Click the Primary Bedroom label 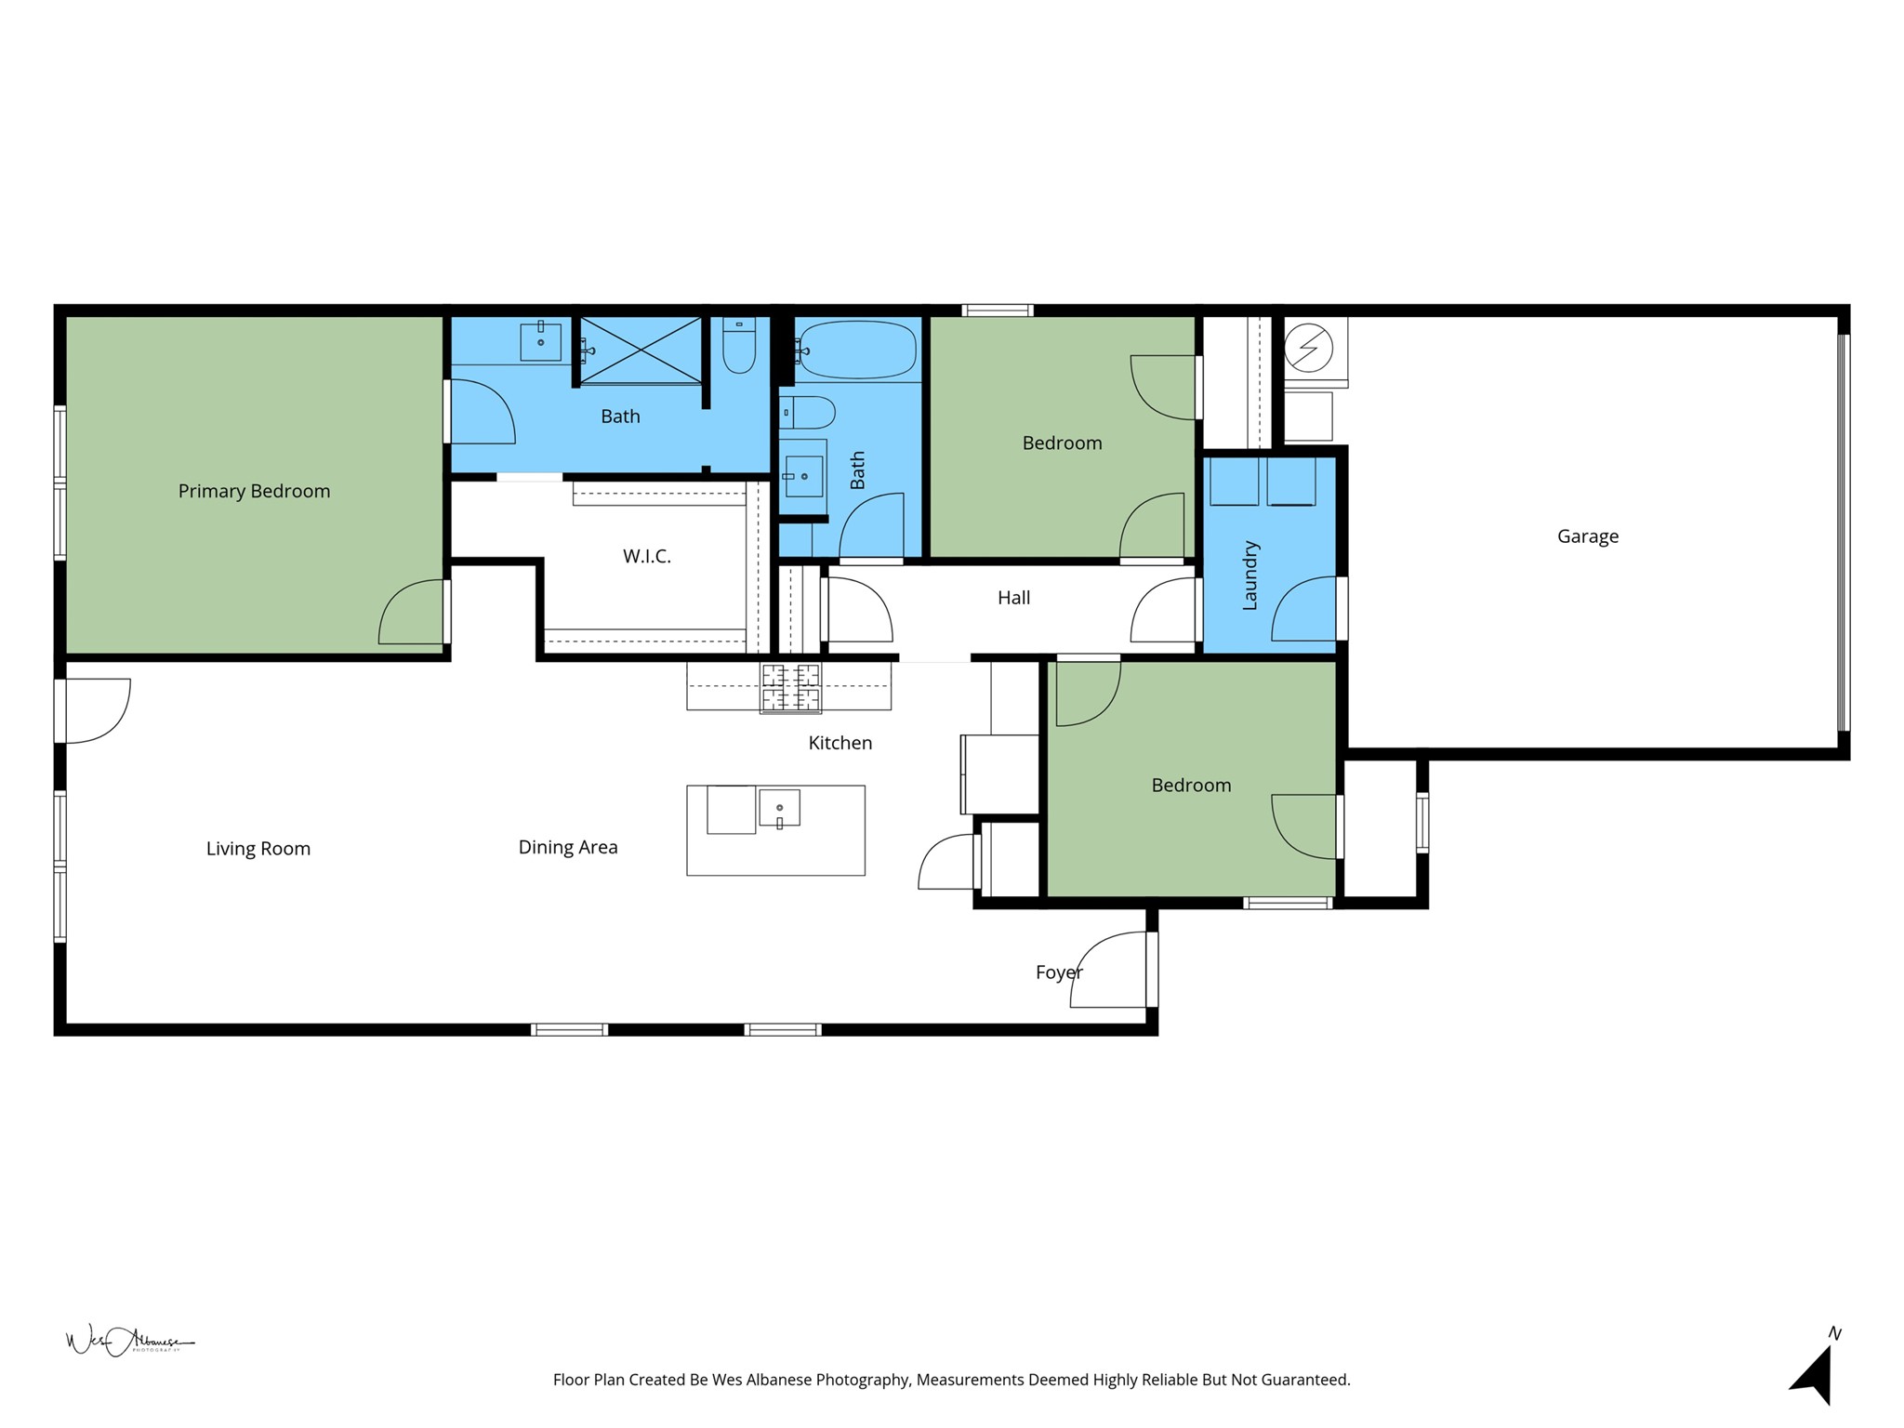tap(254, 491)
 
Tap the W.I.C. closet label tap(646, 556)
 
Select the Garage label tap(1587, 536)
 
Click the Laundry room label tap(1249, 575)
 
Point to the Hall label tap(1013, 598)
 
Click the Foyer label tap(1058, 972)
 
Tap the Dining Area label tap(567, 847)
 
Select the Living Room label tap(258, 849)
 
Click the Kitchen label tap(840, 743)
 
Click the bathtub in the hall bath tap(856, 350)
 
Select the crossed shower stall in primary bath tap(641, 350)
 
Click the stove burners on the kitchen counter tap(790, 688)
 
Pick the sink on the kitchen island tap(779, 808)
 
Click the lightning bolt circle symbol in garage tap(1308, 349)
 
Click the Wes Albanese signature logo tap(128, 1341)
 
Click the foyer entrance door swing tap(1111, 972)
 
